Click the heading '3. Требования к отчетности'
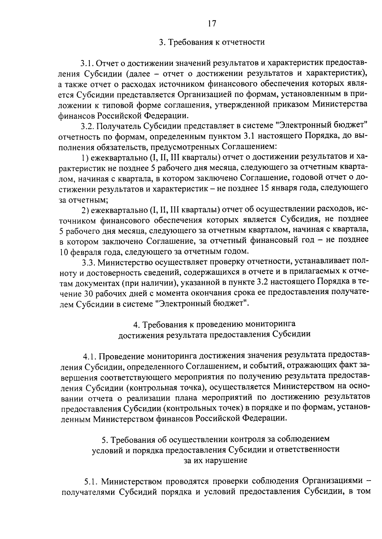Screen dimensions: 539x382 pos(212,42)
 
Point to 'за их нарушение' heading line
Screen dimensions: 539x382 pos(216,460)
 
